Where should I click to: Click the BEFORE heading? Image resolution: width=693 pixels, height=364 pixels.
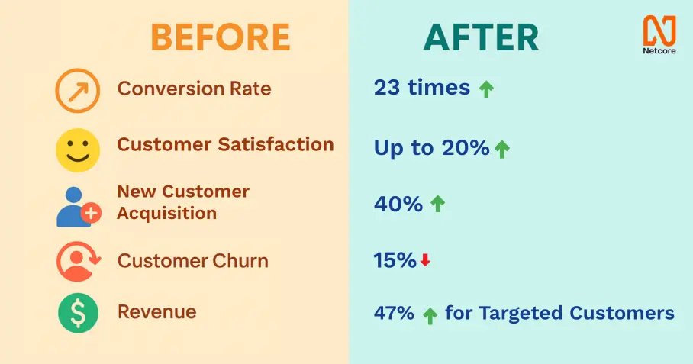[221, 37]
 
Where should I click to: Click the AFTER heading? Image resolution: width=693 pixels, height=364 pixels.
[481, 37]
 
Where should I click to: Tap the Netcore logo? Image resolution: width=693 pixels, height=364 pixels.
[659, 35]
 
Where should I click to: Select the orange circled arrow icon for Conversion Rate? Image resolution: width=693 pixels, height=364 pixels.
[77, 91]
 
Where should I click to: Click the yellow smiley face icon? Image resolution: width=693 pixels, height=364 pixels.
[78, 150]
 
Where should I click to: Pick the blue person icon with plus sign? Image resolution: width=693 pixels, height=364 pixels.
[79, 207]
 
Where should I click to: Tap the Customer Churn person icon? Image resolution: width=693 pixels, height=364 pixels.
[78, 262]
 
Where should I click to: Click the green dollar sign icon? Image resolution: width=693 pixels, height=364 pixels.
[78, 313]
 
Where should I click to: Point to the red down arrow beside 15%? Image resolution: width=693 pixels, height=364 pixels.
[425, 260]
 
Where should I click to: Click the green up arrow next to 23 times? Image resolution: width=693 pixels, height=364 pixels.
[486, 89]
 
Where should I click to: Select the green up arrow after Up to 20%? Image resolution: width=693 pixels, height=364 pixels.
[501, 150]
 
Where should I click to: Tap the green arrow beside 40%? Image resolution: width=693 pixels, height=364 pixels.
[437, 204]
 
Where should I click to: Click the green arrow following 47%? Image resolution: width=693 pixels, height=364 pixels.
[430, 316]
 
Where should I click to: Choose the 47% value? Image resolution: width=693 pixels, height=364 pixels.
[394, 313]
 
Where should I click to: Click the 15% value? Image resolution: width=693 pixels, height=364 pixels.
[395, 260]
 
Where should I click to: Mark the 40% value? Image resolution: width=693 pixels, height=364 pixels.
[398, 204]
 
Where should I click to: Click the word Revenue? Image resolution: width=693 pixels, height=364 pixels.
[157, 312]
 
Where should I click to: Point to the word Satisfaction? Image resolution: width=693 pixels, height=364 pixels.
[276, 144]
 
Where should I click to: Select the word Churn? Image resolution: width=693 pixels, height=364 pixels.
[240, 261]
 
